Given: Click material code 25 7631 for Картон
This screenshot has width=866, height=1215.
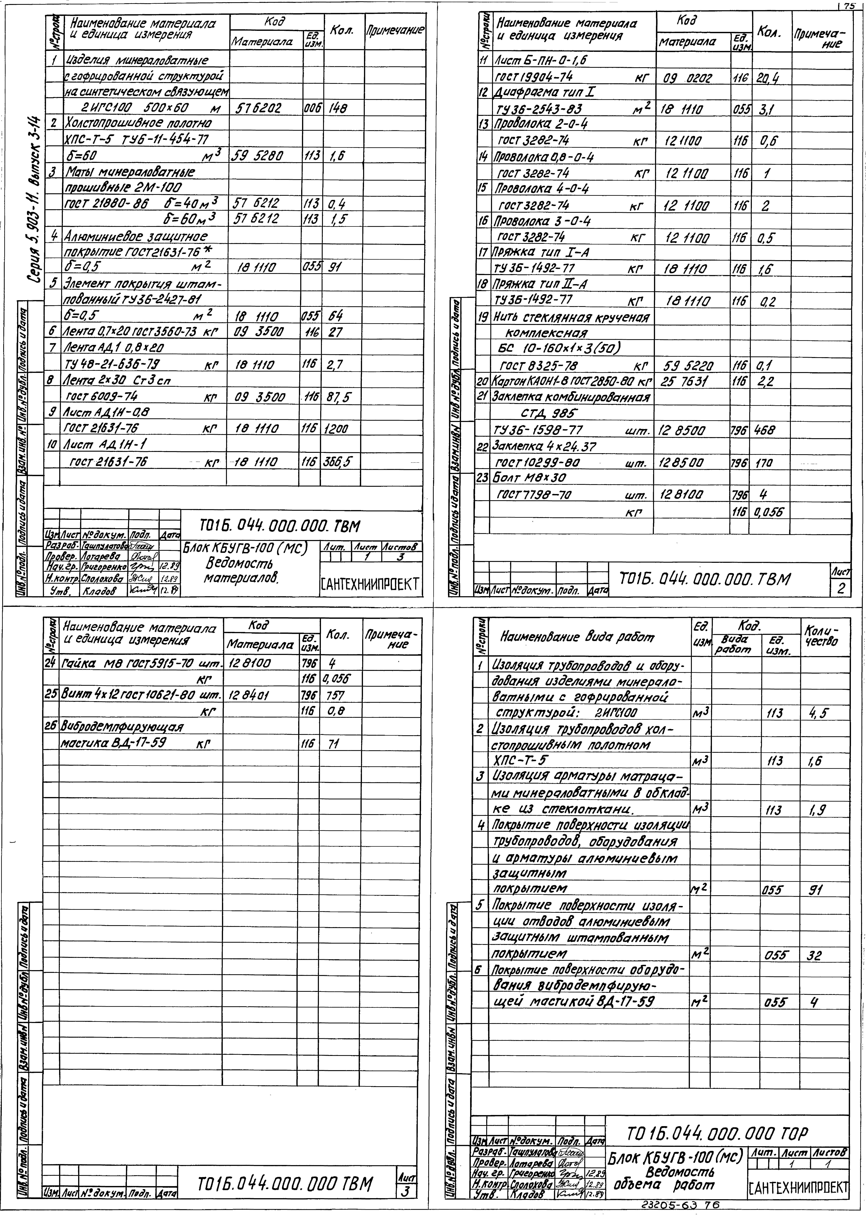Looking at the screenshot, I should coord(685,382).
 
